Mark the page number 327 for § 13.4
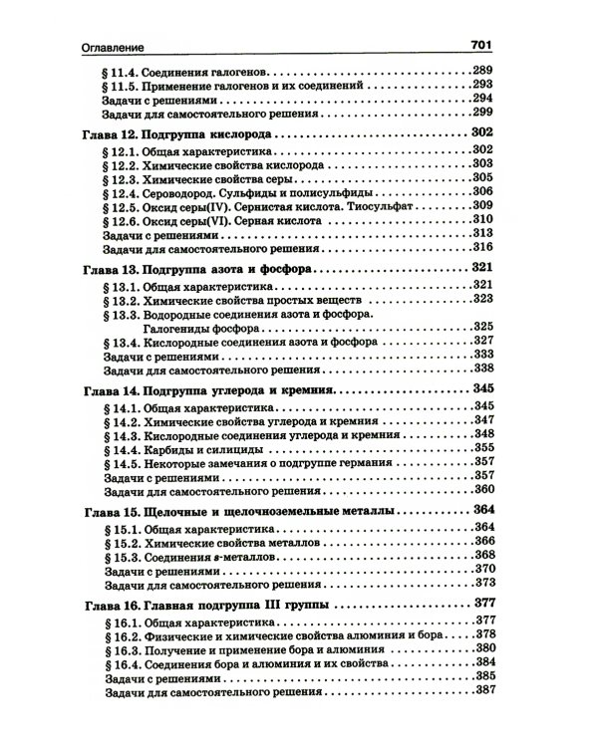point(483,342)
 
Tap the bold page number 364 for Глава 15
point(483,509)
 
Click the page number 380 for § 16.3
point(483,647)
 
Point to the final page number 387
point(483,690)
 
